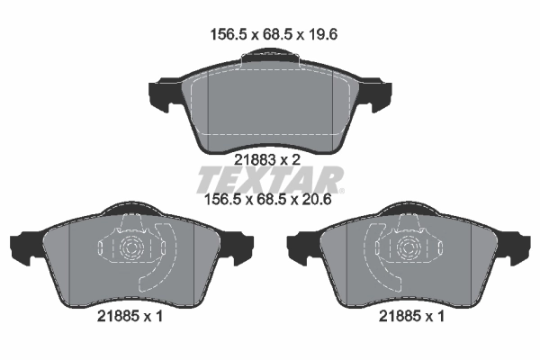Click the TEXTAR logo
pos(270,175)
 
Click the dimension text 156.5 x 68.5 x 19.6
pos(267,36)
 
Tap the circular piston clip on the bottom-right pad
pos(410,249)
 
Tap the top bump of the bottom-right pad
pos(410,213)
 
